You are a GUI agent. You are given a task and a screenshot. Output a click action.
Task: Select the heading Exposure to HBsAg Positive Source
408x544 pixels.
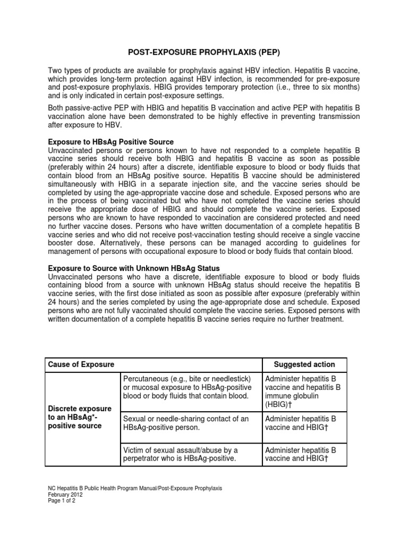(110, 142)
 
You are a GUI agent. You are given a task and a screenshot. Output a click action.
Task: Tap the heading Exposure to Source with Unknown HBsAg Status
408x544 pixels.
(134, 268)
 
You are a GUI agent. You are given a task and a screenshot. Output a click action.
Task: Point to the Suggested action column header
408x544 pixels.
(304, 364)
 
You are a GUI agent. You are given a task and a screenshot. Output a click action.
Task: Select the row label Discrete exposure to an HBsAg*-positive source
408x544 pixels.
(80, 417)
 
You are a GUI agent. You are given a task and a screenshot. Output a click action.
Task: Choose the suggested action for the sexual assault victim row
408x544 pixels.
(301, 453)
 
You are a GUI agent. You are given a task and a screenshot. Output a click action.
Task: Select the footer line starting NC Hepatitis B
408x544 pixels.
(135, 487)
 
